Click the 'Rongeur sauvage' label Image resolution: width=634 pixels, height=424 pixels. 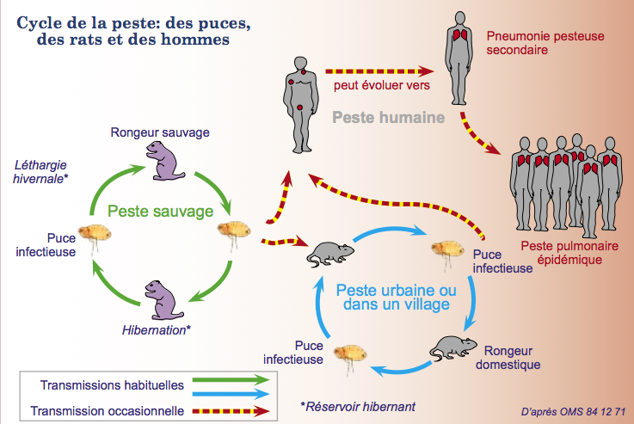point(160,132)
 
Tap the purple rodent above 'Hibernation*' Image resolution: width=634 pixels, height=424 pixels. point(163,300)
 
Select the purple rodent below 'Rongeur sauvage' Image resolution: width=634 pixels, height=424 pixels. point(164,161)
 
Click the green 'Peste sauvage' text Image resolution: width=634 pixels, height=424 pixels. point(161,212)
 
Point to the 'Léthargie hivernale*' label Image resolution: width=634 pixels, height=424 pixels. point(40,172)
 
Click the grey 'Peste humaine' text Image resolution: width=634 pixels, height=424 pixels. point(389,118)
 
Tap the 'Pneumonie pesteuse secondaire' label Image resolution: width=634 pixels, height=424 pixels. point(545,43)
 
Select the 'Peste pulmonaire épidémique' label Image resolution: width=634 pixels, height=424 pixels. point(569,253)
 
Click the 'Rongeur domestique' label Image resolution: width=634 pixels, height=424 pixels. point(508,358)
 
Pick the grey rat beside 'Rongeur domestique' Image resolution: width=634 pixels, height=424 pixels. point(453,347)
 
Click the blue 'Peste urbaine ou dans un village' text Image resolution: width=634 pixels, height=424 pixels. point(397,297)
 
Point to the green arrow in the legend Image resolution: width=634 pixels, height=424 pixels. point(231,379)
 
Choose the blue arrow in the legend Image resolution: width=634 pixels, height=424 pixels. point(231,394)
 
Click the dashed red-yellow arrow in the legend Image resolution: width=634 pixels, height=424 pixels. point(231,411)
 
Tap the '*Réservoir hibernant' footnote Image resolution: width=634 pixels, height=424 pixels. point(358,407)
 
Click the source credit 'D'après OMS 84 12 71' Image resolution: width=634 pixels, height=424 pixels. point(573,412)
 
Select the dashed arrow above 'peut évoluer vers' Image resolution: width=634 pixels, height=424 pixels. point(379,71)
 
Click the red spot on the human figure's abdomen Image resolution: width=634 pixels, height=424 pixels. point(299,108)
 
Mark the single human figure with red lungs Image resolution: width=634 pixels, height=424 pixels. point(459,58)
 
